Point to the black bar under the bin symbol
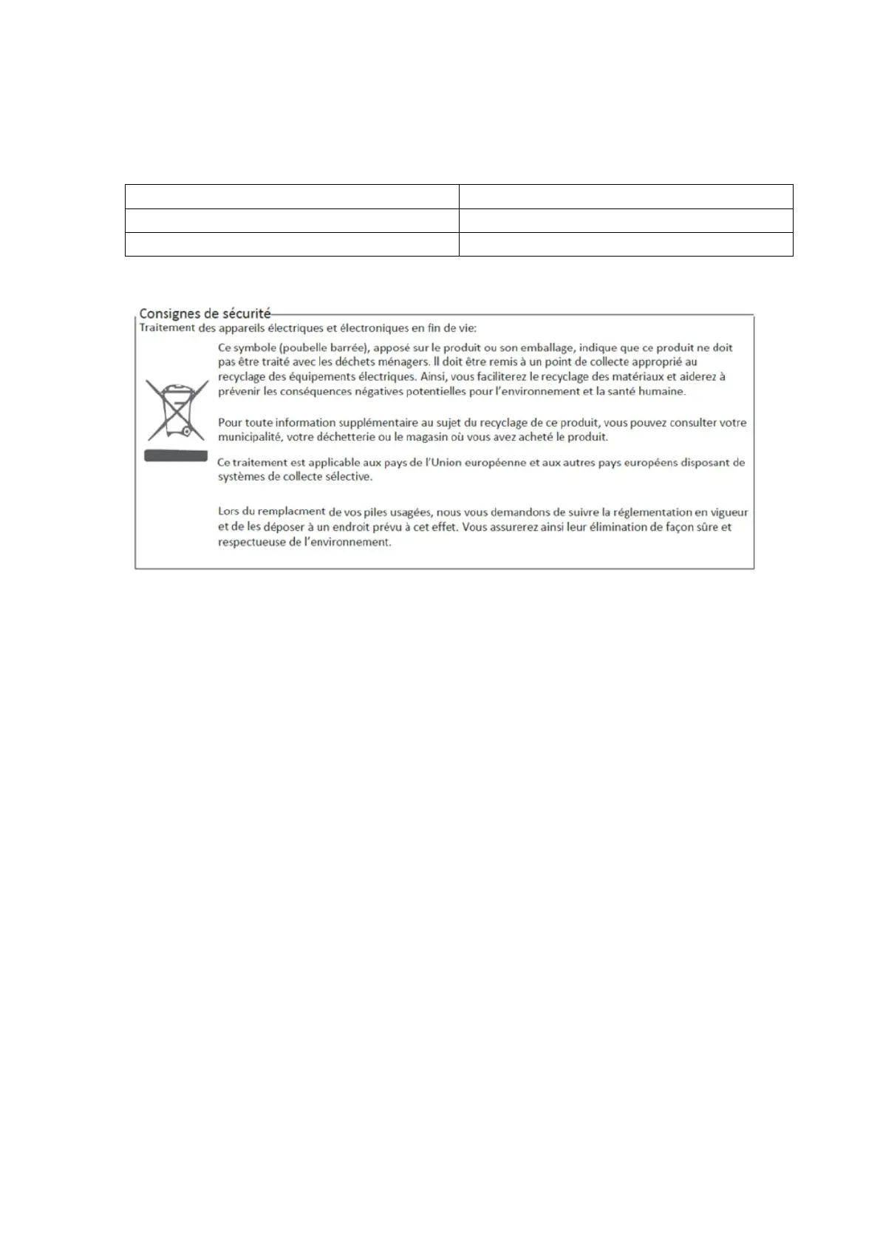pos(175,456)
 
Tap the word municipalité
pos(248,437)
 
